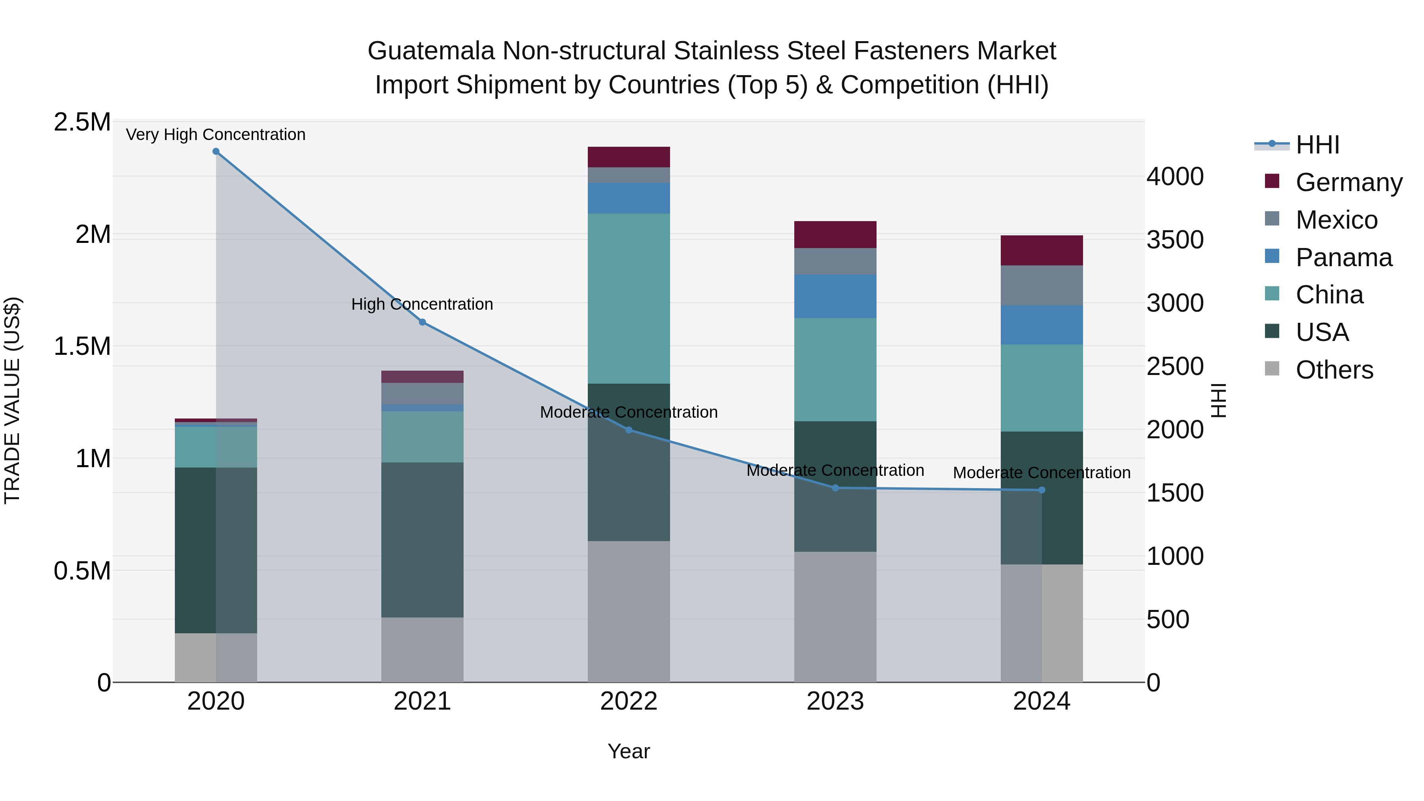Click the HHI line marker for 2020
pyautogui.click(x=216, y=151)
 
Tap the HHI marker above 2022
pyautogui.click(x=629, y=430)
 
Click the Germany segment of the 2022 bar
pyautogui.click(x=629, y=157)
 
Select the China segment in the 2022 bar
pyautogui.click(x=629, y=299)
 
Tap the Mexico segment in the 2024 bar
pyautogui.click(x=1041, y=285)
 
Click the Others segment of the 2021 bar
pyautogui.click(x=422, y=650)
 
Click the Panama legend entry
pyautogui.click(x=1343, y=258)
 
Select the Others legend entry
pyautogui.click(x=1333, y=370)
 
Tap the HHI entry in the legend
pyautogui.click(x=1317, y=145)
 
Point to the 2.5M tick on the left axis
pyautogui.click(x=82, y=122)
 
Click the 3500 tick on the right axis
pyautogui.click(x=1175, y=240)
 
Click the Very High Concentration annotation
pyautogui.click(x=216, y=134)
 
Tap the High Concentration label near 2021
pyautogui.click(x=422, y=304)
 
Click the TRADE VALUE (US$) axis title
pyautogui.click(x=12, y=400)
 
